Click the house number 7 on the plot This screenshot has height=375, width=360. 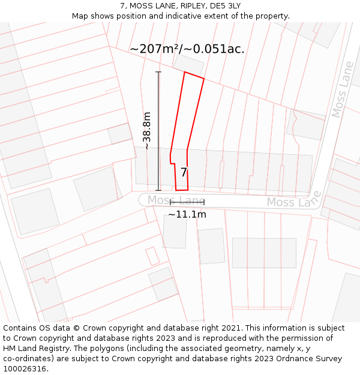point(184,172)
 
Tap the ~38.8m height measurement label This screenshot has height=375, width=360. point(147,131)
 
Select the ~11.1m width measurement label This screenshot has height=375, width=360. point(187,214)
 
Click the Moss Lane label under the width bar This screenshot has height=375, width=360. point(176,200)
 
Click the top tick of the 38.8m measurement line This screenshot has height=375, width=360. point(158,72)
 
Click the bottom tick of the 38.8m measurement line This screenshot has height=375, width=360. point(158,190)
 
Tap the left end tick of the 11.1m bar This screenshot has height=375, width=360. point(170,202)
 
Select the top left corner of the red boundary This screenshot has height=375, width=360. point(184,73)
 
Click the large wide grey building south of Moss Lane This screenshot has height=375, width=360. point(264,253)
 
